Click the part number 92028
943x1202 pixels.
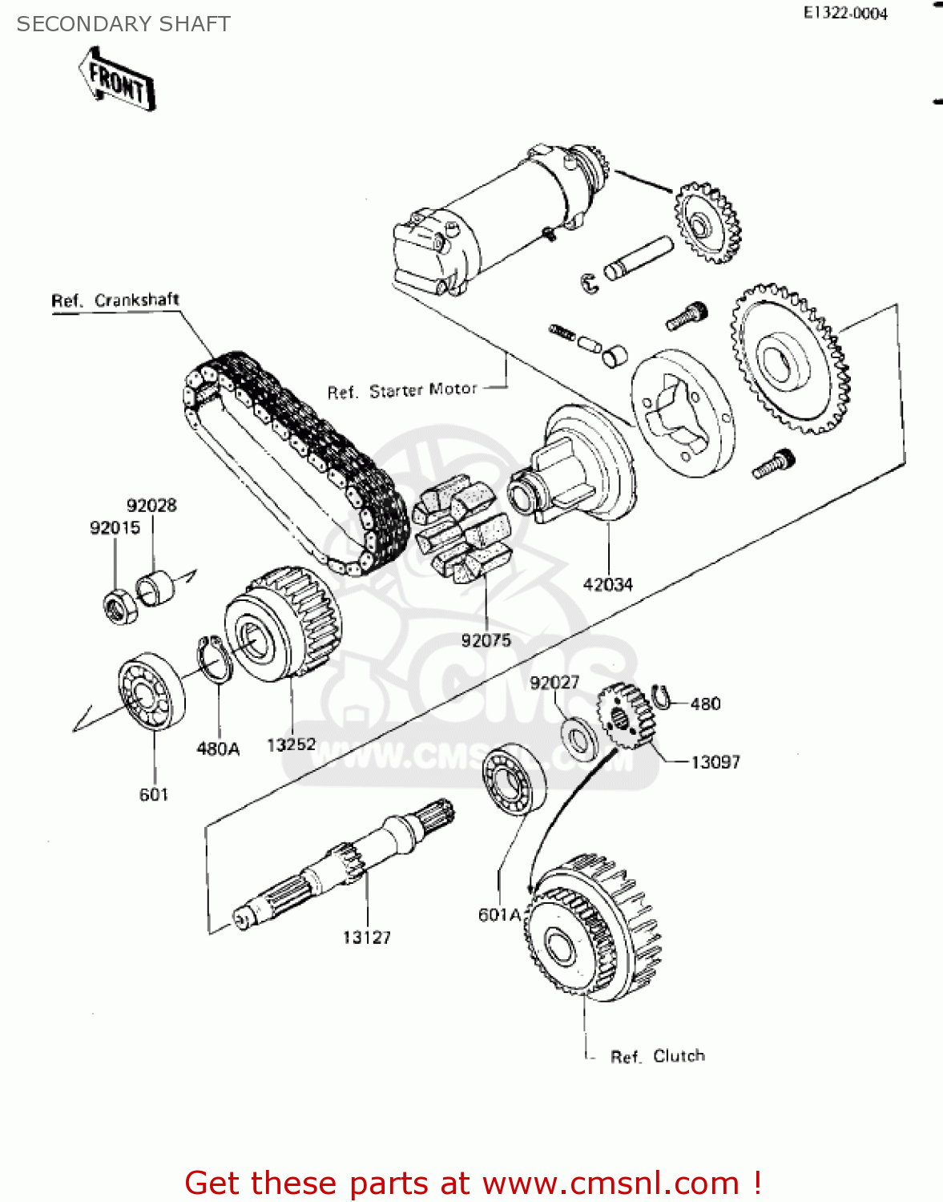click(x=151, y=506)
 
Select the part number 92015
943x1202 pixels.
click(x=115, y=528)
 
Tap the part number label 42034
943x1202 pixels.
click(x=607, y=585)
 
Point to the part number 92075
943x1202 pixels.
click(x=486, y=640)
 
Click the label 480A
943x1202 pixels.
click(x=218, y=749)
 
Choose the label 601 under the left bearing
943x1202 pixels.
click(x=154, y=795)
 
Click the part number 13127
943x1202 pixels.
click(x=367, y=938)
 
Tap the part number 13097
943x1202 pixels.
click(x=715, y=763)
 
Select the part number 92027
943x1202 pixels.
click(x=554, y=683)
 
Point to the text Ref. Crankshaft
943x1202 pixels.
click(x=115, y=300)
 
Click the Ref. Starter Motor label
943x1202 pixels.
click(x=402, y=391)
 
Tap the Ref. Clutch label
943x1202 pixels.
click(x=657, y=1056)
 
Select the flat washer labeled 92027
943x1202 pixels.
click(x=578, y=739)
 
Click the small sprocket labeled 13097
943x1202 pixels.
click(x=625, y=716)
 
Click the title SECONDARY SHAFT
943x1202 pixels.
click(x=123, y=24)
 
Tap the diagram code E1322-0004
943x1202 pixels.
click(x=845, y=14)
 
